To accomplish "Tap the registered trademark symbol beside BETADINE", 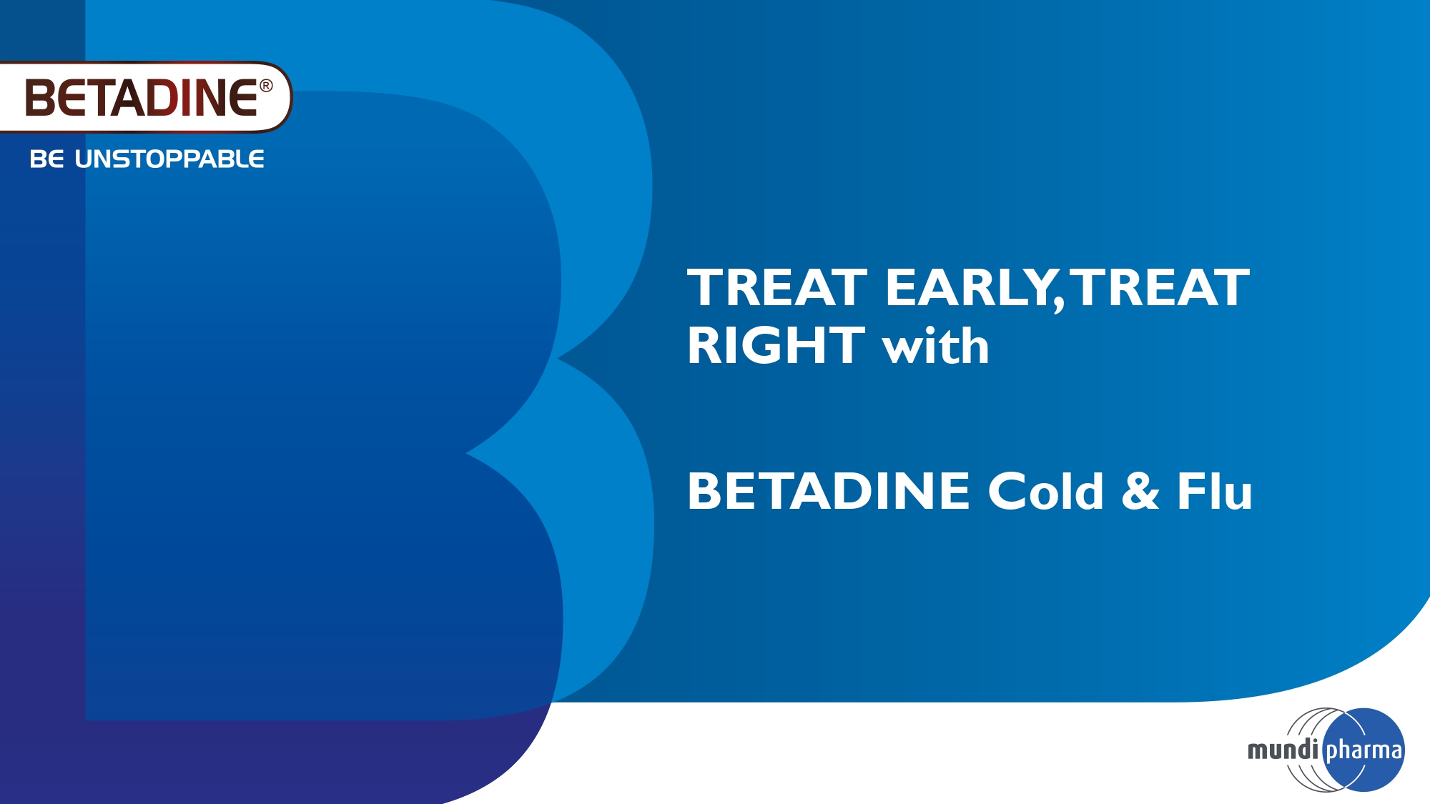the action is pyautogui.click(x=266, y=86).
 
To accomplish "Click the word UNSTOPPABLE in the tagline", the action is pyautogui.click(x=169, y=159).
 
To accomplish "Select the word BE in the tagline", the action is pyautogui.click(x=46, y=159).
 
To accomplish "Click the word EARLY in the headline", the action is pyautogui.click(x=970, y=288).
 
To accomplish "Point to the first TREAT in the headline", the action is pyautogui.click(x=777, y=287).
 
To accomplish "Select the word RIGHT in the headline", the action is pyautogui.click(x=776, y=346).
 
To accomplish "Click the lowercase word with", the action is pyautogui.click(x=936, y=346).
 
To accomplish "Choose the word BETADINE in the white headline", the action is pyautogui.click(x=829, y=492).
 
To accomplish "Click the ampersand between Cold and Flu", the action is pyautogui.click(x=1140, y=491).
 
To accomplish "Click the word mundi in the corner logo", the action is pyautogui.click(x=1283, y=750).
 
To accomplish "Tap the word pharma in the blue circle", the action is pyautogui.click(x=1364, y=751).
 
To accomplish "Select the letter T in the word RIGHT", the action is pyautogui.click(x=844, y=346).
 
